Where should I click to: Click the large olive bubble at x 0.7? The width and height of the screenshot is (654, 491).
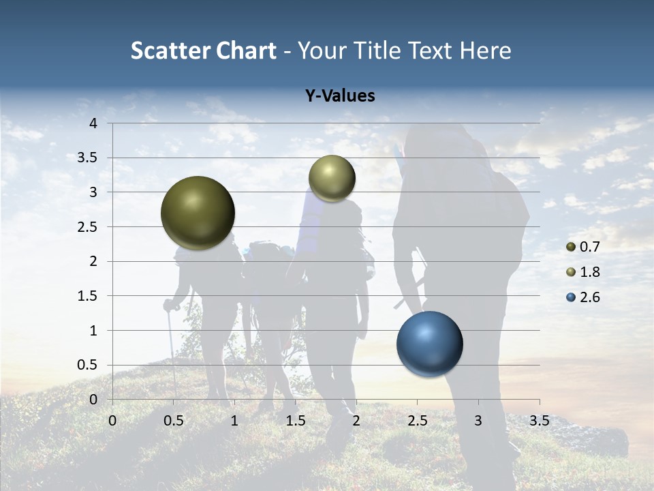tap(198, 213)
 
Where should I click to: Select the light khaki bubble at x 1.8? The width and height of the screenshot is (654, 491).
tap(332, 178)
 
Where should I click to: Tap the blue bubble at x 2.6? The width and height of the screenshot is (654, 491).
tap(430, 344)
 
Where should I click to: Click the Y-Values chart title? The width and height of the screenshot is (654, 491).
tap(340, 96)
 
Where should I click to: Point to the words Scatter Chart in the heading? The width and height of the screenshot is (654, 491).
tap(204, 50)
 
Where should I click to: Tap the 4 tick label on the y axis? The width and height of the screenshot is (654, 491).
tap(93, 123)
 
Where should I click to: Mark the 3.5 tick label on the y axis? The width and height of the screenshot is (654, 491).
tap(87, 158)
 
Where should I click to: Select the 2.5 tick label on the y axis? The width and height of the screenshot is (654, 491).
tap(87, 227)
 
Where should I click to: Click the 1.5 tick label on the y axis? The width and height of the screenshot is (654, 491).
tap(87, 296)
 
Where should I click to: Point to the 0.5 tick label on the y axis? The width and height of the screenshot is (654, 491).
tap(87, 365)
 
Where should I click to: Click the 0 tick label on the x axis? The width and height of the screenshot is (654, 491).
tap(112, 421)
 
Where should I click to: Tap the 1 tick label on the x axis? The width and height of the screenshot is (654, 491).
tap(234, 421)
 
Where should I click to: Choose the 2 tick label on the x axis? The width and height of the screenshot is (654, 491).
tap(356, 421)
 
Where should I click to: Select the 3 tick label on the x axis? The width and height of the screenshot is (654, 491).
tap(478, 421)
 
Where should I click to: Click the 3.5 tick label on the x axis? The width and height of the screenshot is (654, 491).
tap(539, 421)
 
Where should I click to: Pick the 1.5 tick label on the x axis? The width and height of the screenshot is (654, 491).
tap(295, 421)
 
